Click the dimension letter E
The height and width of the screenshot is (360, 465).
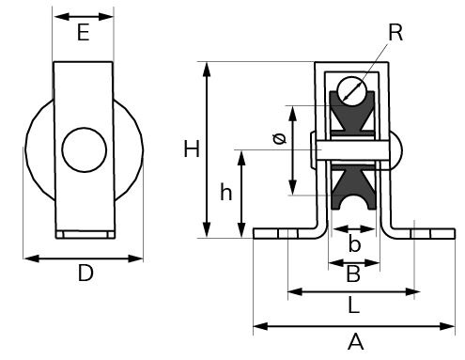(84, 33)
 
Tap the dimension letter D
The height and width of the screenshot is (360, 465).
(85, 273)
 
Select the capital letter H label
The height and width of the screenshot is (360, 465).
(192, 149)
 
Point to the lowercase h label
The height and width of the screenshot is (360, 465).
(226, 192)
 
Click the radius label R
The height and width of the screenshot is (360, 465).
(395, 32)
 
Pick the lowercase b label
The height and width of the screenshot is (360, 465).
(354, 243)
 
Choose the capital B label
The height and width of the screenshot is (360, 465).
(353, 274)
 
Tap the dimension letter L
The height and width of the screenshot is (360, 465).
(353, 305)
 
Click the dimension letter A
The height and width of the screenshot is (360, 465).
(355, 342)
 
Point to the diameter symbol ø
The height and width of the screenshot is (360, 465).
(279, 138)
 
